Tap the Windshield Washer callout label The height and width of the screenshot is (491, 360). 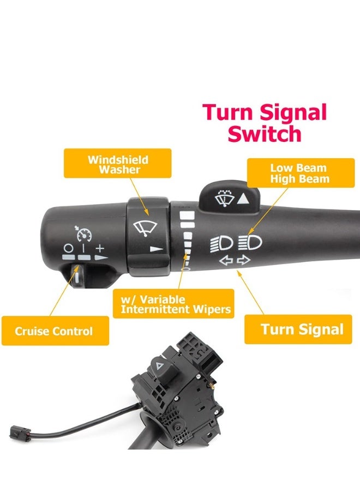[x=118, y=164]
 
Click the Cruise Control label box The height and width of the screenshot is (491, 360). [x=55, y=331]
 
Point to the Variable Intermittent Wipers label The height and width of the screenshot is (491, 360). [x=173, y=304]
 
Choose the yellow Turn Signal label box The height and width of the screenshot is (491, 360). [x=302, y=329]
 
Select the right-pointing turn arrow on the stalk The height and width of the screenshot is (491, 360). [x=244, y=260]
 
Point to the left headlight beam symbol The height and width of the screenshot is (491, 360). [x=221, y=242]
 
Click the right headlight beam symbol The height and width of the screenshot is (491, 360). [x=251, y=241]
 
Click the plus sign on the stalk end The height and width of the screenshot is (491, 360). [x=100, y=248]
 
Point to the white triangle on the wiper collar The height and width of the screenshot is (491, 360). [x=157, y=248]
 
